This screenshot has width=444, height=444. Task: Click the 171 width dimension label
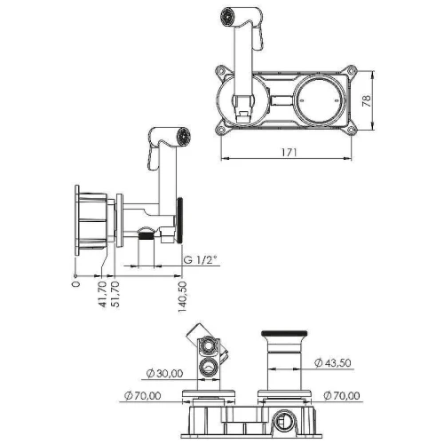point(289,152)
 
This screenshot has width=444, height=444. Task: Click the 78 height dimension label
point(366,101)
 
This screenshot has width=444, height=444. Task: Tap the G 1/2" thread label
point(200,260)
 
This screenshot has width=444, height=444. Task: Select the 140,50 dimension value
point(183,297)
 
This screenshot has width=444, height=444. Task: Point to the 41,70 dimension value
point(102,295)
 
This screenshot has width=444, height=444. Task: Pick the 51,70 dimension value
point(115,295)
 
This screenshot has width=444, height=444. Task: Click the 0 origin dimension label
point(76,284)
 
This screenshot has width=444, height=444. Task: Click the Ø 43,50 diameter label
point(333,362)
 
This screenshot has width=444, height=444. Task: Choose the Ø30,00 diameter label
point(164,373)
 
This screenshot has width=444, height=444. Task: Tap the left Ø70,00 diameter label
point(143,395)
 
